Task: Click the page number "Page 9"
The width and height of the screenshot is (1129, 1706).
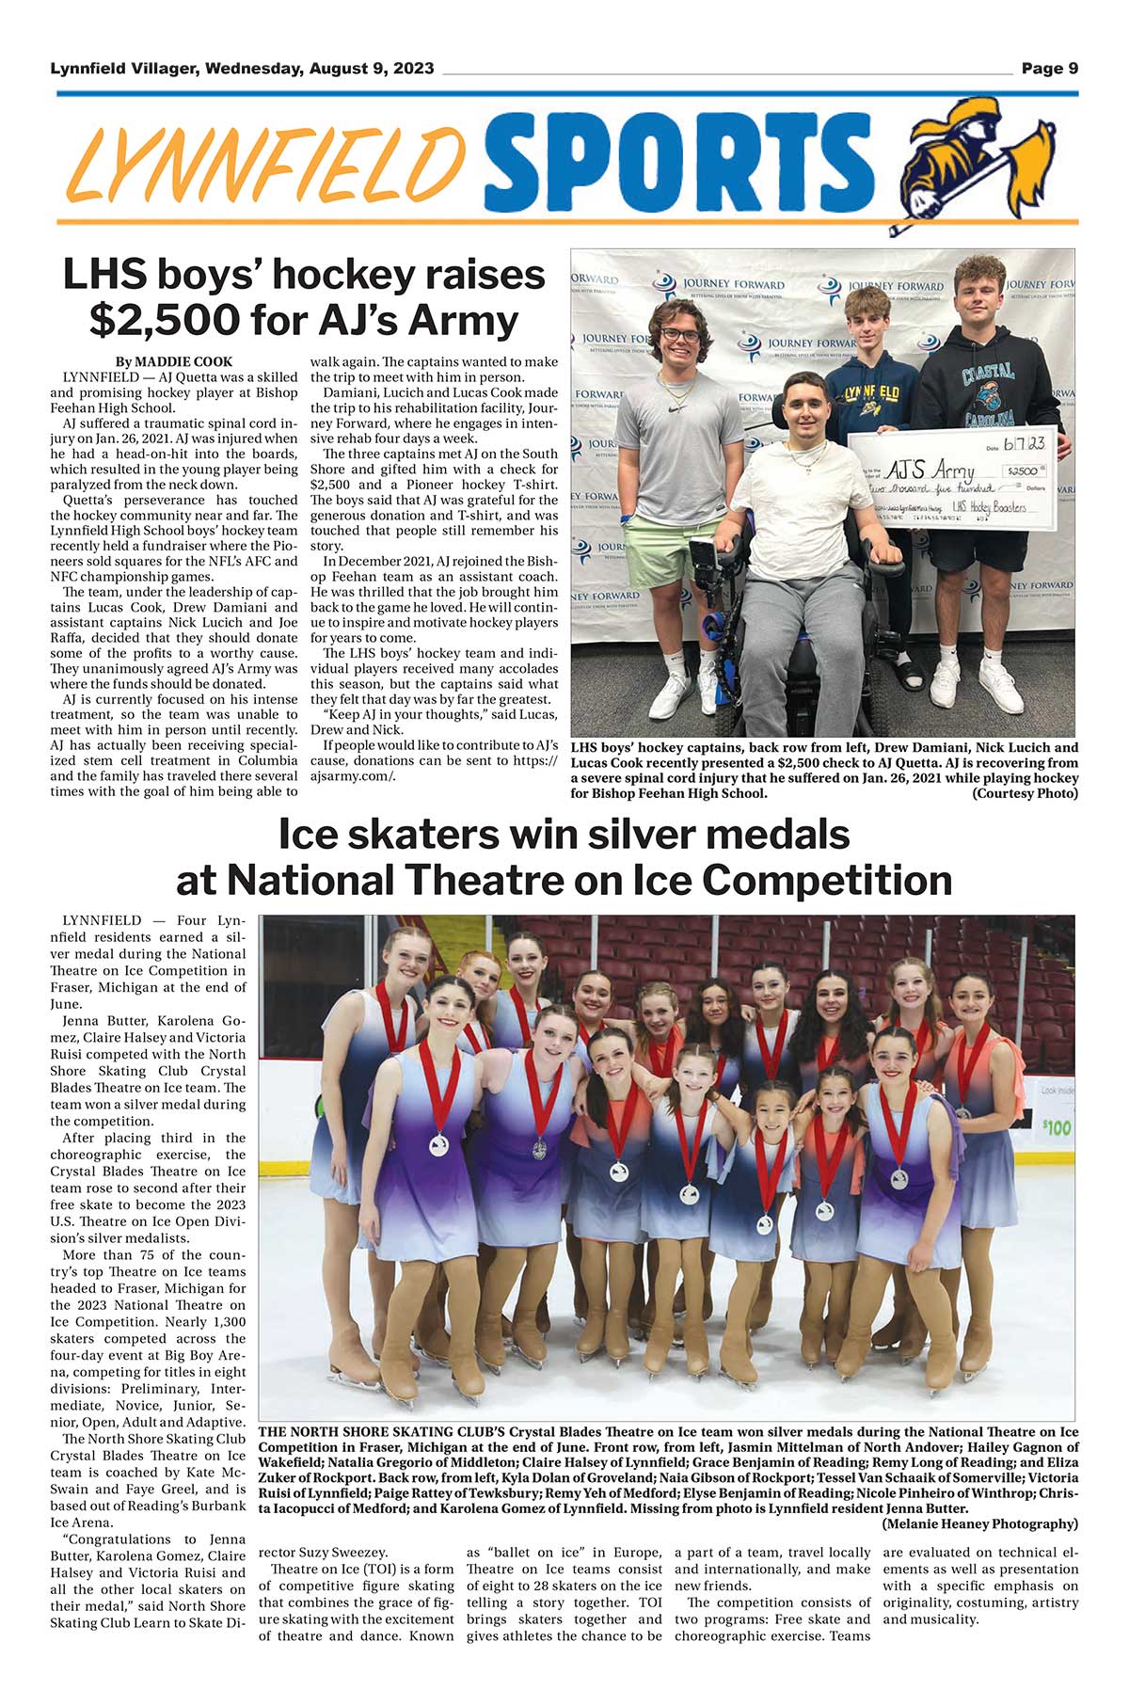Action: (1049, 69)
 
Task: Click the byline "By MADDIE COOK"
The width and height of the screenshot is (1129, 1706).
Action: (173, 361)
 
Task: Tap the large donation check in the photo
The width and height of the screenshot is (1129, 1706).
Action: (952, 480)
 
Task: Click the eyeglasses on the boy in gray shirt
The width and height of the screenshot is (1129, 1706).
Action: (680, 335)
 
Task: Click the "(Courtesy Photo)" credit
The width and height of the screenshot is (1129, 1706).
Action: (1025, 793)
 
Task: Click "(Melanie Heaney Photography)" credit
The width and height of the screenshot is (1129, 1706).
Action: (979, 1523)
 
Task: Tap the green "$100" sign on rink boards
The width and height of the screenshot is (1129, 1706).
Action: (1057, 1126)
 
